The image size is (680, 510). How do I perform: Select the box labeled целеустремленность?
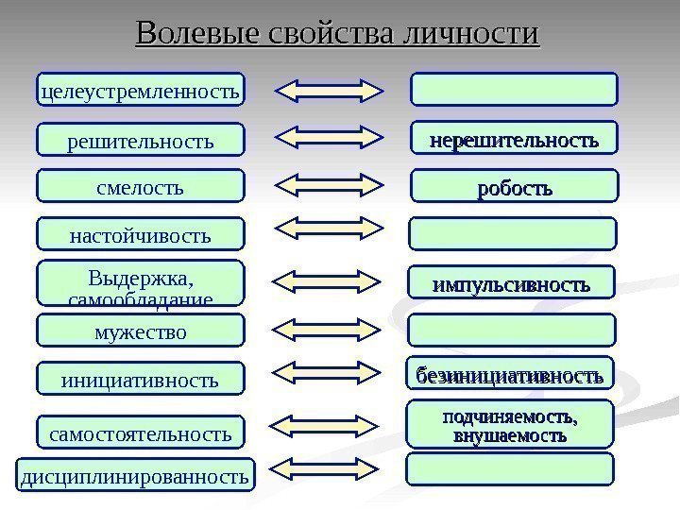click(x=140, y=91)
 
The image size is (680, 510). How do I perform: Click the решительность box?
click(x=140, y=141)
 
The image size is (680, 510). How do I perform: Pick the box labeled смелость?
click(x=140, y=188)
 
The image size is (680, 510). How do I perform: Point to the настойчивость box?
click(x=140, y=234)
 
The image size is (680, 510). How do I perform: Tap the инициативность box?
click(x=140, y=381)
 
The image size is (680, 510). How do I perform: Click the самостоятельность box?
click(x=140, y=433)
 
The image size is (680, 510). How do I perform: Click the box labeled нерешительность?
click(x=514, y=139)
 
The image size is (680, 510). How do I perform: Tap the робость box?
click(x=514, y=187)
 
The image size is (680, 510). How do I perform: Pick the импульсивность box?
click(x=514, y=283)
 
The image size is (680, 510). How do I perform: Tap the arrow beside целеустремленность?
click(x=329, y=90)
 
